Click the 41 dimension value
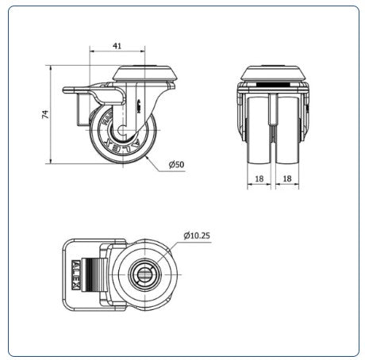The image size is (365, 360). click(117, 46)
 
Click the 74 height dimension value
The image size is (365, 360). click(45, 114)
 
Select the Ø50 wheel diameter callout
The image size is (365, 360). click(176, 165)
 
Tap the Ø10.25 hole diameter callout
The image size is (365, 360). click(197, 236)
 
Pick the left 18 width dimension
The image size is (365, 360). click(259, 178)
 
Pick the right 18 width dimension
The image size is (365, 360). click(287, 178)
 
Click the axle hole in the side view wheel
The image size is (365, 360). click(122, 130)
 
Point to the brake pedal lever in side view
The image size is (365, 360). click(94, 94)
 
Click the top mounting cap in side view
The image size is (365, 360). click(145, 73)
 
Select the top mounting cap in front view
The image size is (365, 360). click(274, 73)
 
